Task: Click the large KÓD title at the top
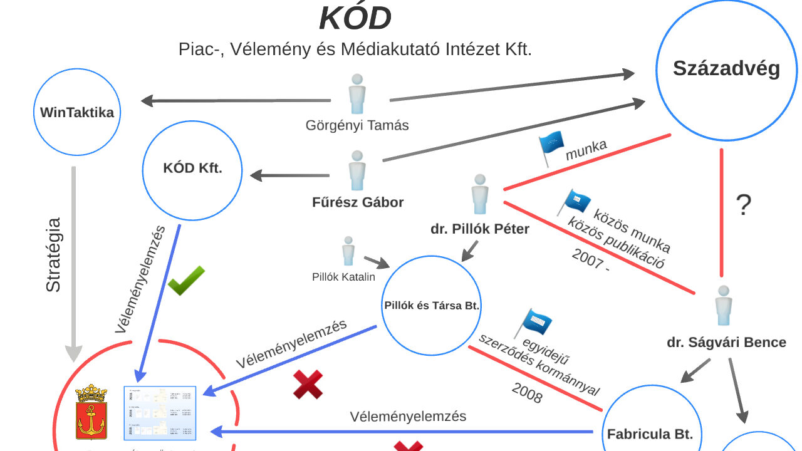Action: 355,18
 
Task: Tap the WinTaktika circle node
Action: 76,113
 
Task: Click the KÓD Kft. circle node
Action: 192,168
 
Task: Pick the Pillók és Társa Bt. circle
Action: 431,306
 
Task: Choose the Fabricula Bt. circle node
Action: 650,426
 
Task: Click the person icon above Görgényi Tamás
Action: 357,94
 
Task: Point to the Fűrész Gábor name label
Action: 358,202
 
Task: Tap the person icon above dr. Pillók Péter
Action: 480,194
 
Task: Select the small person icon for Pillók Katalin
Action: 348,251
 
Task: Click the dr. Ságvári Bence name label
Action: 726,343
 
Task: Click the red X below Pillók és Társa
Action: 308,384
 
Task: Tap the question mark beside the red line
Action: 743,205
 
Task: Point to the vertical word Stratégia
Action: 54,254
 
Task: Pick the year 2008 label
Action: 527,393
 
